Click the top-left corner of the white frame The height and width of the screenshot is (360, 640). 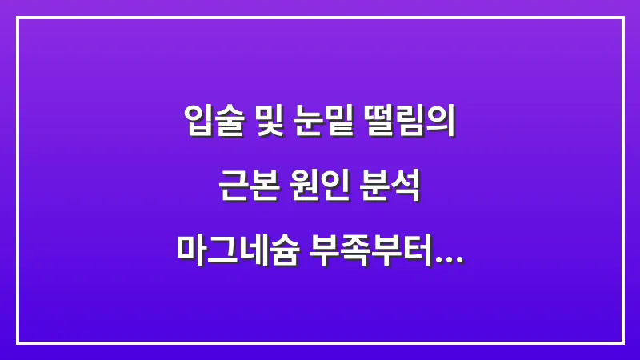point(18,18)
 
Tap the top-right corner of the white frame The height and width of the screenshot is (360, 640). point(622,18)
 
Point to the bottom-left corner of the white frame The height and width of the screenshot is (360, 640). point(18,342)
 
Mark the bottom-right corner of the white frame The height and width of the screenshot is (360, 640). point(622,342)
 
